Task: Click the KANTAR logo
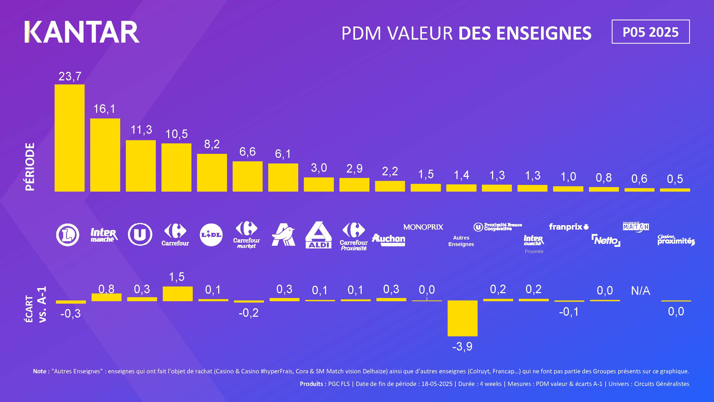click(x=82, y=32)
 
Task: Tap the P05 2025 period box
click(x=650, y=32)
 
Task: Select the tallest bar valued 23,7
click(x=70, y=138)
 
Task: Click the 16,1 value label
click(x=104, y=109)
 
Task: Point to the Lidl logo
click(x=211, y=235)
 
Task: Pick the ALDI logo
click(x=318, y=235)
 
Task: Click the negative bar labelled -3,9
click(x=462, y=318)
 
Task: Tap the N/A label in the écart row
click(x=640, y=291)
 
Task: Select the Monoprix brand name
click(x=423, y=227)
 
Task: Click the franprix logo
click(x=568, y=227)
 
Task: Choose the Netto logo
click(x=606, y=240)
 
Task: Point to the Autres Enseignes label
click(x=461, y=241)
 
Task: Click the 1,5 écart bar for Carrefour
click(x=177, y=294)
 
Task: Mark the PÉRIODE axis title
click(x=30, y=166)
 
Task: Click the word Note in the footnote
click(x=39, y=371)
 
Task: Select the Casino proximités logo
click(x=675, y=240)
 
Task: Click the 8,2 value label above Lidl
click(x=212, y=144)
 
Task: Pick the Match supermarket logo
click(x=636, y=227)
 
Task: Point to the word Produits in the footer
click(x=311, y=384)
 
